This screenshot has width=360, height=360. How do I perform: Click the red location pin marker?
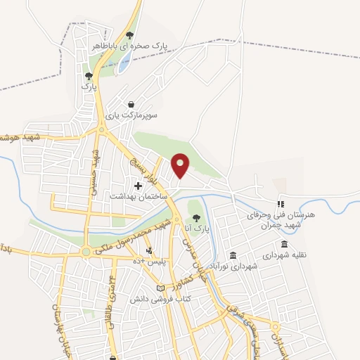coord(181,165)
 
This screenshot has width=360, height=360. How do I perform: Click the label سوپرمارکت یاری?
coord(131,114)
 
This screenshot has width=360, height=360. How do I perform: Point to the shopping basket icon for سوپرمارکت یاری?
coord(131,103)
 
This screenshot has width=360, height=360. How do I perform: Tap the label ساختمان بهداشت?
coord(137,196)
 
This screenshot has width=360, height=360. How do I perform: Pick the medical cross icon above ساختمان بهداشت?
coord(138,186)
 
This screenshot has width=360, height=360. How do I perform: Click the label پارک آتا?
coord(197,229)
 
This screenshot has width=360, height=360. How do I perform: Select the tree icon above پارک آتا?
coord(197,218)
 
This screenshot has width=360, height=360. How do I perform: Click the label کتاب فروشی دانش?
coord(160,300)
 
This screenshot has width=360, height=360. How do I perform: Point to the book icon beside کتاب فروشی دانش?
coord(160,289)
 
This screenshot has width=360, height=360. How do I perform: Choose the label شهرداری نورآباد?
coord(233,266)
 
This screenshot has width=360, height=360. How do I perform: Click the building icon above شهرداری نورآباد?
coord(233,255)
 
